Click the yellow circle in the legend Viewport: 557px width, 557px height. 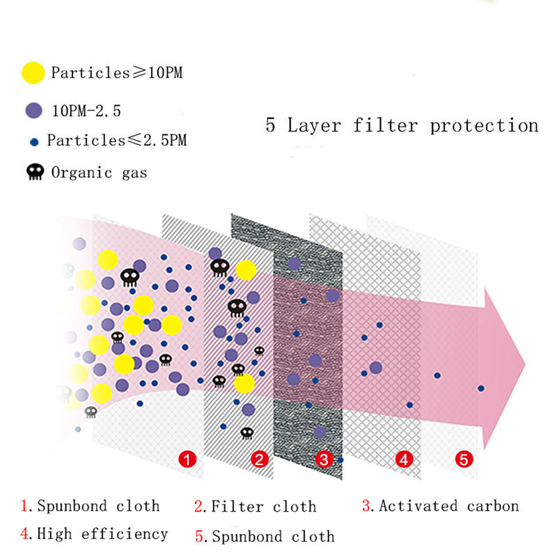click(33, 73)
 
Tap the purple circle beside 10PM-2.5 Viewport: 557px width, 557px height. click(33, 111)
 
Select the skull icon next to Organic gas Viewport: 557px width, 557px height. click(36, 172)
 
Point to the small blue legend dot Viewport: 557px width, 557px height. click(34, 143)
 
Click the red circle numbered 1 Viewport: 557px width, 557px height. click(187, 460)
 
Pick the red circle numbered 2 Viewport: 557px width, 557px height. click(260, 460)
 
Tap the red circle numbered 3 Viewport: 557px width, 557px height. click(324, 460)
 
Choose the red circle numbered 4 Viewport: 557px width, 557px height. click(405, 460)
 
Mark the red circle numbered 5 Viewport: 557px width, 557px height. click(464, 460)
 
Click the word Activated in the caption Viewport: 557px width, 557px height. click(418, 506)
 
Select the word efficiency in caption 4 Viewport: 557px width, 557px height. click(125, 534)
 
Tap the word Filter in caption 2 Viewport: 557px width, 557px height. click(237, 506)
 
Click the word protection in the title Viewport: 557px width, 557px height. click(485, 126)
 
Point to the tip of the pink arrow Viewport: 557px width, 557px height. click(525, 364)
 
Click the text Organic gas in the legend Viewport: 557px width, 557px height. click(99, 173)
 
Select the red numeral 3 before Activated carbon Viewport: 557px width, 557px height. click(366, 505)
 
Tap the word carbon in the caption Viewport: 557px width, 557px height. click(493, 506)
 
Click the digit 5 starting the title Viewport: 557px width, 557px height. click(271, 125)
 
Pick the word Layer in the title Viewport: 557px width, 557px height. click(314, 126)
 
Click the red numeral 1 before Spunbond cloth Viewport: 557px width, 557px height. click(25, 505)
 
